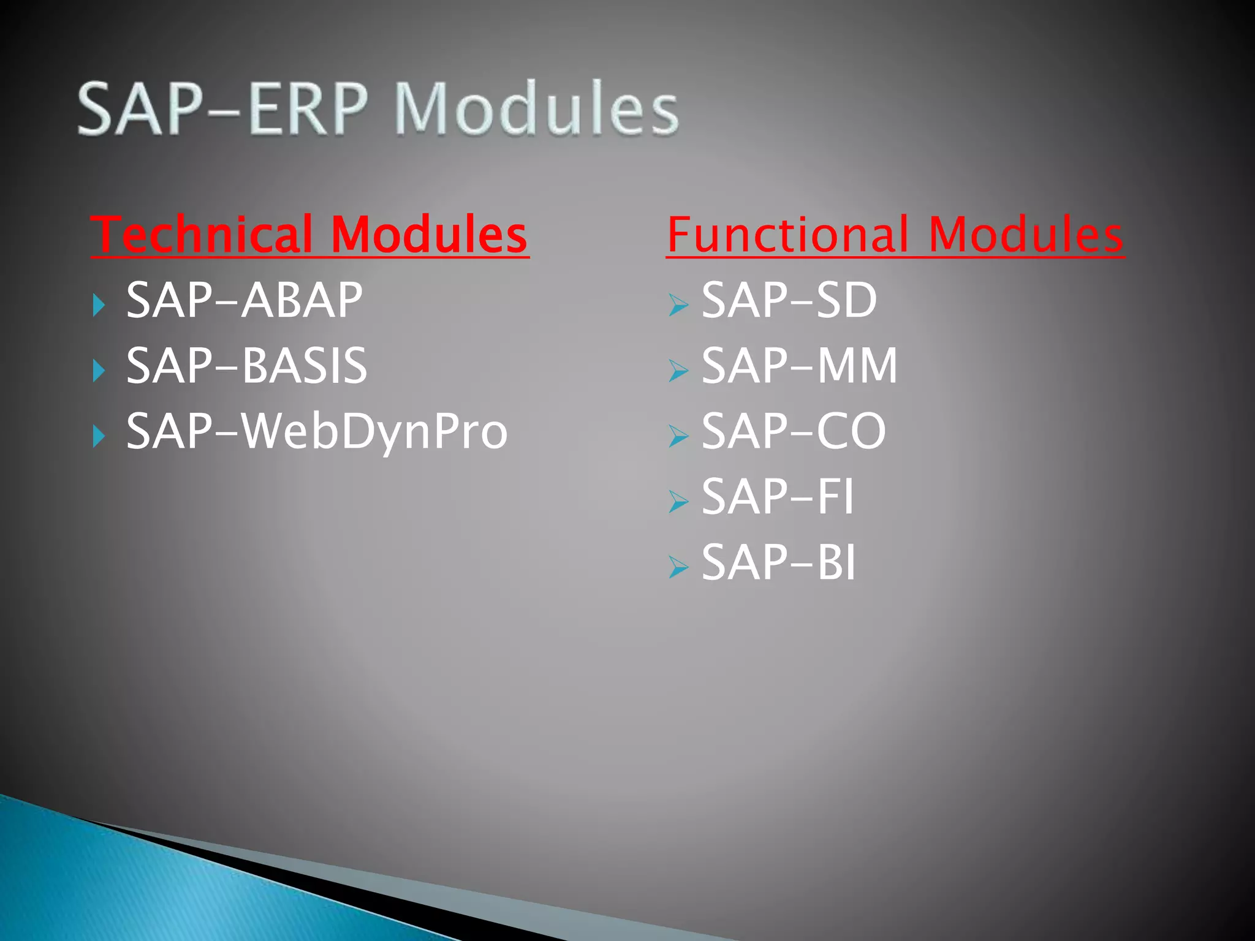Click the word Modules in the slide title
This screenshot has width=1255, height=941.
tap(536, 109)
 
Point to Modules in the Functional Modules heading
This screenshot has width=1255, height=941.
tap(1025, 235)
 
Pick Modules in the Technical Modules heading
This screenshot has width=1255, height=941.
tap(429, 235)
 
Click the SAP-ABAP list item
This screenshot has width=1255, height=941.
tap(244, 300)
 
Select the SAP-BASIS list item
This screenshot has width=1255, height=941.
tap(246, 366)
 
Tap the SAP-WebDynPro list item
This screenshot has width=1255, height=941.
tap(317, 431)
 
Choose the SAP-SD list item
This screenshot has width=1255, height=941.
tap(789, 300)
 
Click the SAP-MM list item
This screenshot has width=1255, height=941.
tap(799, 366)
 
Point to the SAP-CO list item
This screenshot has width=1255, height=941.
tap(794, 431)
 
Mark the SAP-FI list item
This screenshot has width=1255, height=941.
tap(777, 497)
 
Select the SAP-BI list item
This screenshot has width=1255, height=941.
tap(778, 562)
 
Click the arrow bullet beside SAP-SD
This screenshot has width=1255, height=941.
tap(678, 304)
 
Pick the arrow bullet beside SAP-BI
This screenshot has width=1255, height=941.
tap(678, 567)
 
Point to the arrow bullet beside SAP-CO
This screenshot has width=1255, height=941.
tap(678, 436)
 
